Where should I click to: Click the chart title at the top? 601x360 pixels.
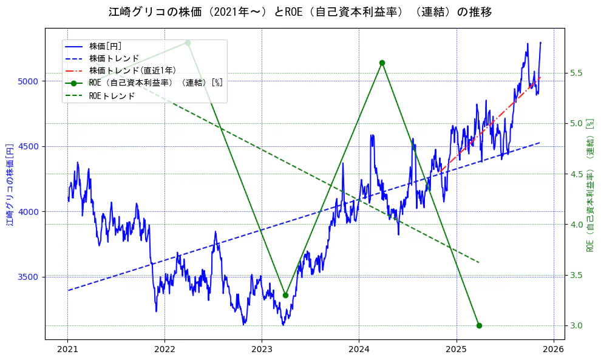tap(300, 12)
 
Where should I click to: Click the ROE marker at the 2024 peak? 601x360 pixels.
tap(382, 63)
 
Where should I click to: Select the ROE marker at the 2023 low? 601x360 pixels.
tap(285, 295)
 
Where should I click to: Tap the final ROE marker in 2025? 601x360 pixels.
tap(479, 325)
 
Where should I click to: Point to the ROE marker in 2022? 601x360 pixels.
tap(188, 42)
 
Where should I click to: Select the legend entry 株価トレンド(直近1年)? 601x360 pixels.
tap(132, 70)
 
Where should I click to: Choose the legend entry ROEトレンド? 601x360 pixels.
tap(112, 95)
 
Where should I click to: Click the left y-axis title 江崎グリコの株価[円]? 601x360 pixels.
tap(10, 185)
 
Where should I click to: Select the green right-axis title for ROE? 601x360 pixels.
tap(589, 185)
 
